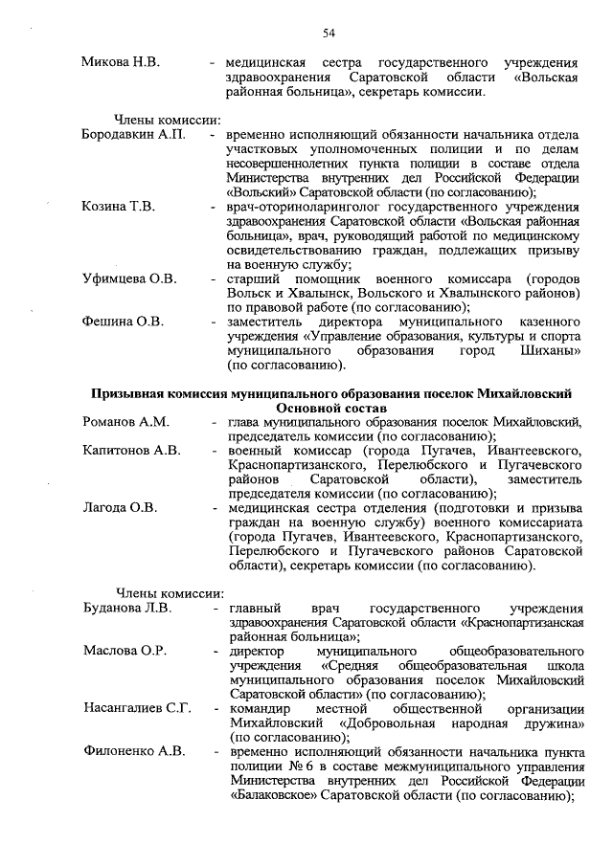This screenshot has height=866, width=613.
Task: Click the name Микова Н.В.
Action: [121, 62]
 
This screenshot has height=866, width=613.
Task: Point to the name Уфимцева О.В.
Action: [129, 278]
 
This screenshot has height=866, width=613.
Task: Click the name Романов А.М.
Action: [125, 421]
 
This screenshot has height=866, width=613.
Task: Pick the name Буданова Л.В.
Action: [127, 608]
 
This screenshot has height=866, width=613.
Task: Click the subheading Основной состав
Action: [330, 407]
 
